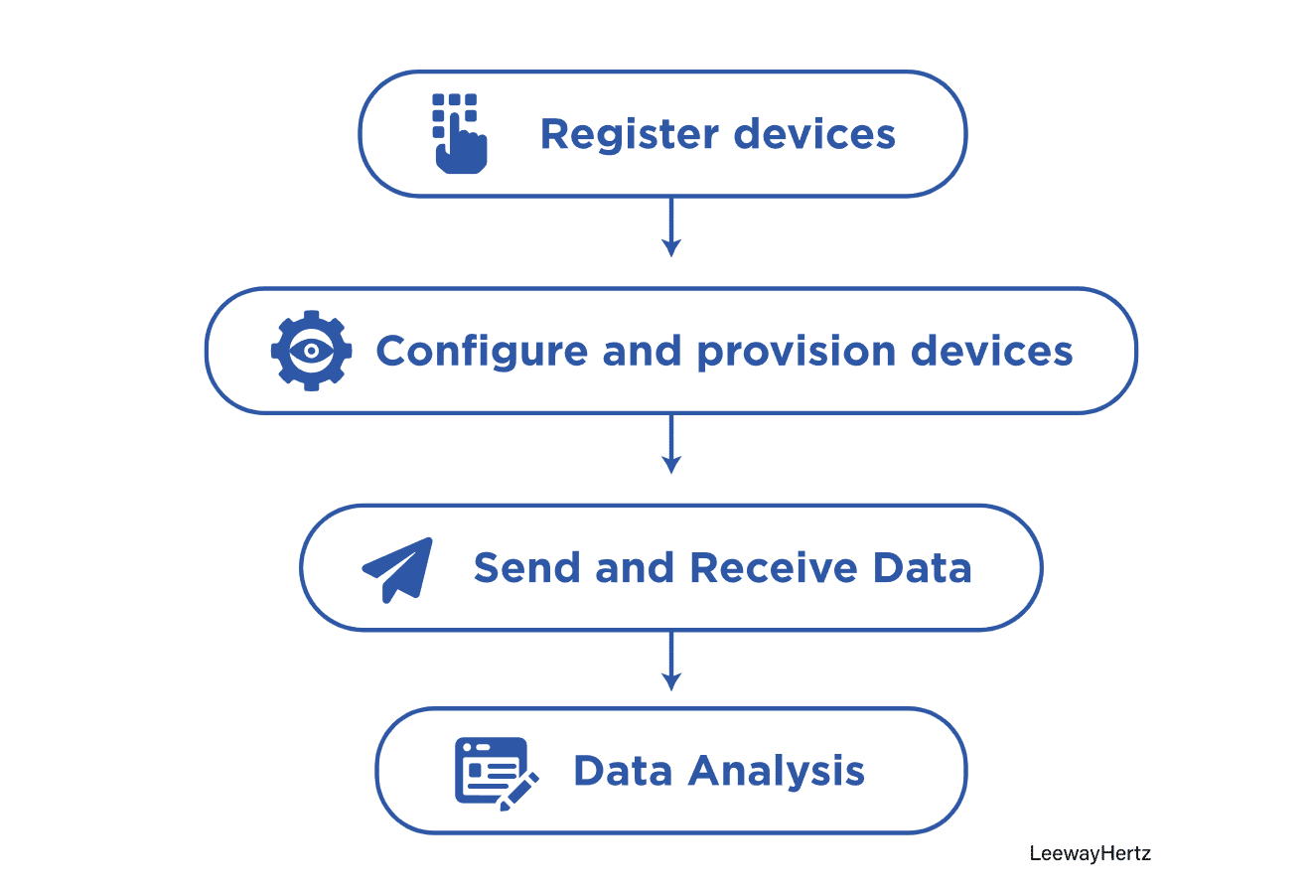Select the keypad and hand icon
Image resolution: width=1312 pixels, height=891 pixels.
459,133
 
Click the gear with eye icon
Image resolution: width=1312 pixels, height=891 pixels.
311,351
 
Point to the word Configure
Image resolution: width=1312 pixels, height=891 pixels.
481,352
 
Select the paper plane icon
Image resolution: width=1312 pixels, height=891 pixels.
398,569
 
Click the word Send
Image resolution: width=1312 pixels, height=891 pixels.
526,568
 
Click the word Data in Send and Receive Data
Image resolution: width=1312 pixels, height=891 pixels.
922,568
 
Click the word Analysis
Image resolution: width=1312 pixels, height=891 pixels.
777,772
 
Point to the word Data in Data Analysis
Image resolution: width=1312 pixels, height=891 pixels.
623,772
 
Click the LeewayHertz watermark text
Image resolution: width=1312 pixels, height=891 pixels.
1090,853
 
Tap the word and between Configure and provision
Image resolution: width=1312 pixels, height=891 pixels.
642,352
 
